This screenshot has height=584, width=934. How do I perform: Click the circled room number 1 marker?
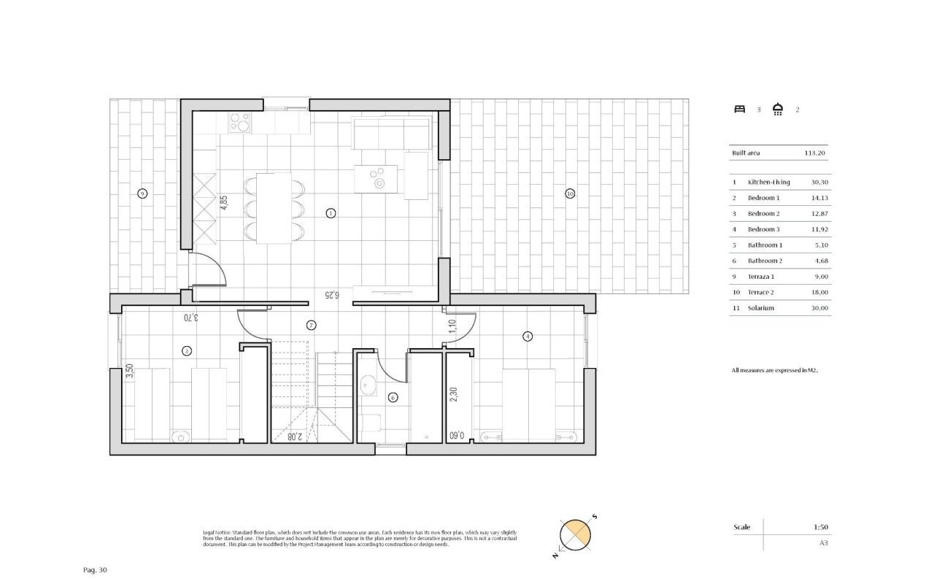pos(331,213)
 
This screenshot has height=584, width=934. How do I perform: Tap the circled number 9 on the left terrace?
pos(142,193)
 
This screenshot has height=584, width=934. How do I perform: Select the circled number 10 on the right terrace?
pos(570,193)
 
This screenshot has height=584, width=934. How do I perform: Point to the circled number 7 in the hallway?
pos(311,325)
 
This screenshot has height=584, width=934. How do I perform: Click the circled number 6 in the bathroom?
pos(393,397)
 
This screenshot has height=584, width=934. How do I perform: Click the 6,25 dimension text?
pos(332,295)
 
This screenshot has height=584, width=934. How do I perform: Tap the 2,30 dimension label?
pos(453,394)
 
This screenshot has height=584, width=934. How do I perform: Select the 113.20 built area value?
pos(814,153)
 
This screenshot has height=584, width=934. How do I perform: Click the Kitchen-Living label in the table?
pos(768,181)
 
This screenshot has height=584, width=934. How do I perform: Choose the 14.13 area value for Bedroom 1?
pos(821,197)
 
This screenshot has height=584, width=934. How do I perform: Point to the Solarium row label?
pos(760,308)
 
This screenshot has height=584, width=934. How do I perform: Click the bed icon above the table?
pos(739,109)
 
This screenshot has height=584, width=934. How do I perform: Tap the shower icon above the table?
pos(778,109)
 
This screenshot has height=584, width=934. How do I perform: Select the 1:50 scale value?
pos(821,527)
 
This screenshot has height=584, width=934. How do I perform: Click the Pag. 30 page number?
pos(96,569)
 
